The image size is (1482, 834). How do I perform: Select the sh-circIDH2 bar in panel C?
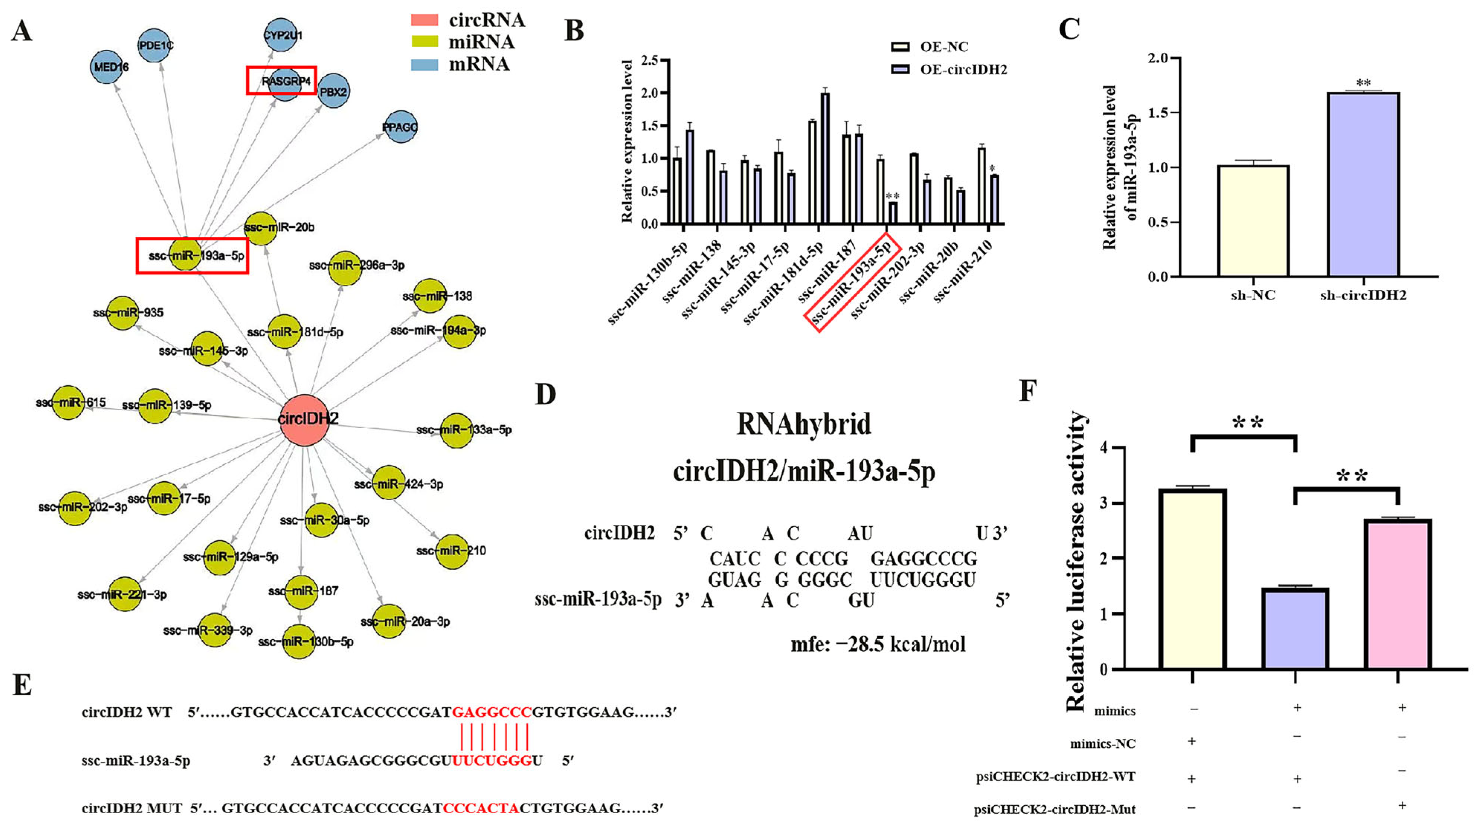coord(1363,184)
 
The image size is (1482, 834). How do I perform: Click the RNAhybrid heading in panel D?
coord(804,424)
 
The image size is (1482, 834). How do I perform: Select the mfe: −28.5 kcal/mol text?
coord(878,644)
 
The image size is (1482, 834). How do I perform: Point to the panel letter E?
coord(22,686)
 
